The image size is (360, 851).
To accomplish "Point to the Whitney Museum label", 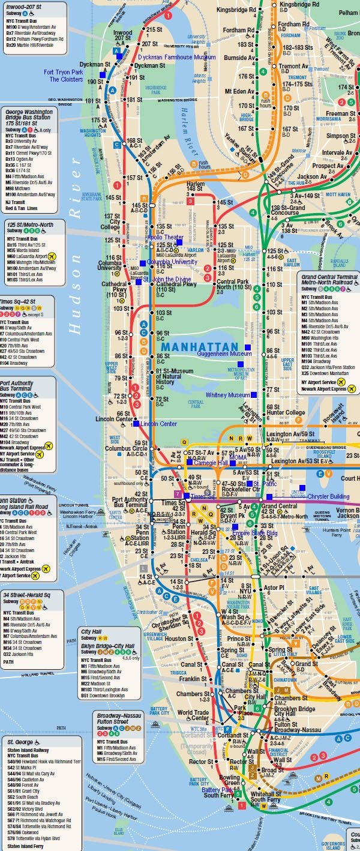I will (x=227, y=395).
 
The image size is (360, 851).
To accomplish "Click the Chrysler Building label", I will (x=328, y=496).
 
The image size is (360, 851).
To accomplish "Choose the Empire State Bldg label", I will (x=254, y=533).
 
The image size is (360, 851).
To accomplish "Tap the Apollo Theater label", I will (x=166, y=238).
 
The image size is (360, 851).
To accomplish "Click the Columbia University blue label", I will (x=172, y=262).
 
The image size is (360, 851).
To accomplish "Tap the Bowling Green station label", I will (x=232, y=780).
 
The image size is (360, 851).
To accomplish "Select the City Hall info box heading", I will (x=93, y=631).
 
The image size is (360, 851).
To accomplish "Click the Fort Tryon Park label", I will (x=63, y=72).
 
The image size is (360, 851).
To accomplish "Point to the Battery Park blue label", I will (x=218, y=790).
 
